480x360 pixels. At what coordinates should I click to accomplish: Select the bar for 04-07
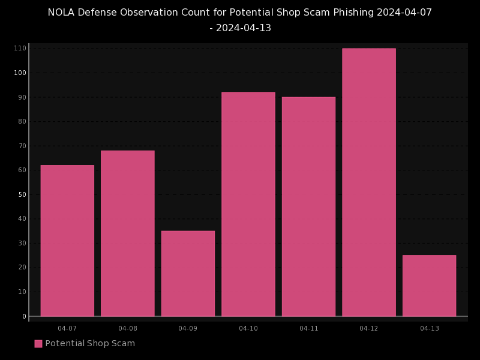(x=67, y=241)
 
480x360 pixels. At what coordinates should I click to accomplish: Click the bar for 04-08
(x=128, y=233)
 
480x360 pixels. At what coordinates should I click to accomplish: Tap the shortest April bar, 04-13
(x=429, y=286)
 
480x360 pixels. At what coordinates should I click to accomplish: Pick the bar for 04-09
(x=188, y=274)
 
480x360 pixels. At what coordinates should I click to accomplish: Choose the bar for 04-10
(x=248, y=204)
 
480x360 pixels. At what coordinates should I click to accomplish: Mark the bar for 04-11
(x=308, y=206)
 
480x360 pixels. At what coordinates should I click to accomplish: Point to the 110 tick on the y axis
(x=20, y=49)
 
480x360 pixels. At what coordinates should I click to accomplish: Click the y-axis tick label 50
(x=22, y=194)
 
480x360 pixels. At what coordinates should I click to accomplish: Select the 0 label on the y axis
(x=25, y=316)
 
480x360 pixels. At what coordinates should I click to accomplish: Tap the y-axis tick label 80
(x=22, y=122)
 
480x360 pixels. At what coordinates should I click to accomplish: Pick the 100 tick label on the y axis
(x=20, y=73)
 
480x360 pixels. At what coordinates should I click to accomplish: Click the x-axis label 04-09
(x=188, y=328)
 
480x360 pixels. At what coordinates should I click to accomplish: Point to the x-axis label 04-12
(x=369, y=328)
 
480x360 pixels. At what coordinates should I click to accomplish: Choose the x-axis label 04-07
(x=67, y=328)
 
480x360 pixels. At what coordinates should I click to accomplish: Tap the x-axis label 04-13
(x=429, y=328)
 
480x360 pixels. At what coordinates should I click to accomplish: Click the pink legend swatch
(x=38, y=344)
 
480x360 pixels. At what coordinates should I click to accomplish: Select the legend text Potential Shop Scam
(x=90, y=344)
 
